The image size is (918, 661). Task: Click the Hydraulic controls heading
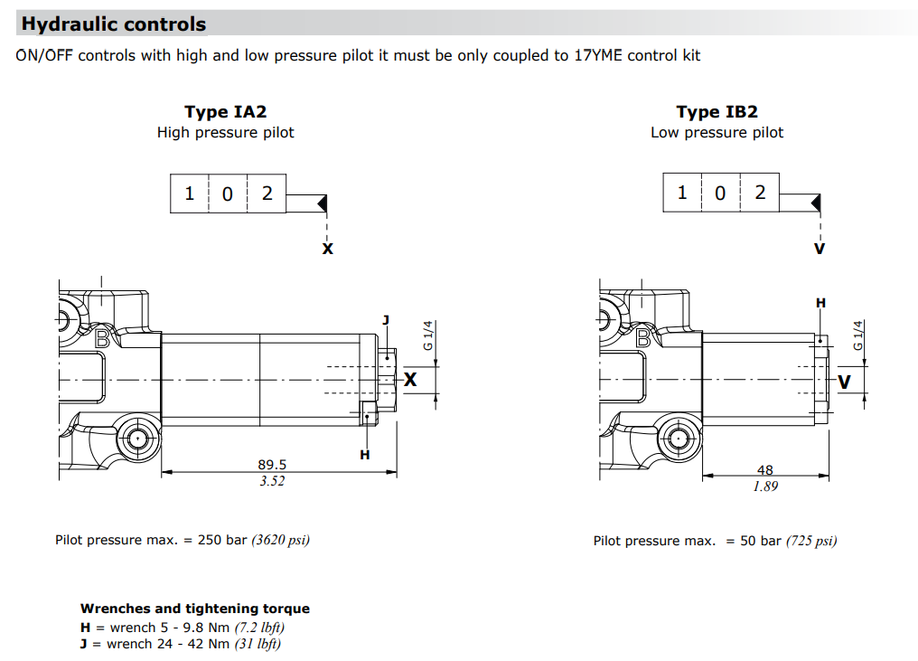point(114,24)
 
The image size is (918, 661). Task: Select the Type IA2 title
point(225,112)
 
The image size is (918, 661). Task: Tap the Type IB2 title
point(717,112)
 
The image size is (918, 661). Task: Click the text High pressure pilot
point(225,133)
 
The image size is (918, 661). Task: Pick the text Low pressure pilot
point(717,133)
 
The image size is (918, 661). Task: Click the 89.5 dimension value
point(272,464)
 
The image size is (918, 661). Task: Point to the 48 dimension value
point(764,470)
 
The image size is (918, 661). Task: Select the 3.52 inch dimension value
point(272,481)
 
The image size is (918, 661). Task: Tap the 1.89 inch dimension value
point(764,486)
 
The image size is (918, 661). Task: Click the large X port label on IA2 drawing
point(410,380)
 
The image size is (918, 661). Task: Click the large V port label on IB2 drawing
point(845,382)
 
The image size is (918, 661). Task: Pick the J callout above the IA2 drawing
point(386,319)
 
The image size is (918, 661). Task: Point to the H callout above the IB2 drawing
point(820,303)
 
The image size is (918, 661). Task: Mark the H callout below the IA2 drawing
point(365,454)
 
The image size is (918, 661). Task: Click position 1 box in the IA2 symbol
point(190,193)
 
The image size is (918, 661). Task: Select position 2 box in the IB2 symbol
point(760,192)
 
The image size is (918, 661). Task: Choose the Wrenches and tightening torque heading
point(194,609)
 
